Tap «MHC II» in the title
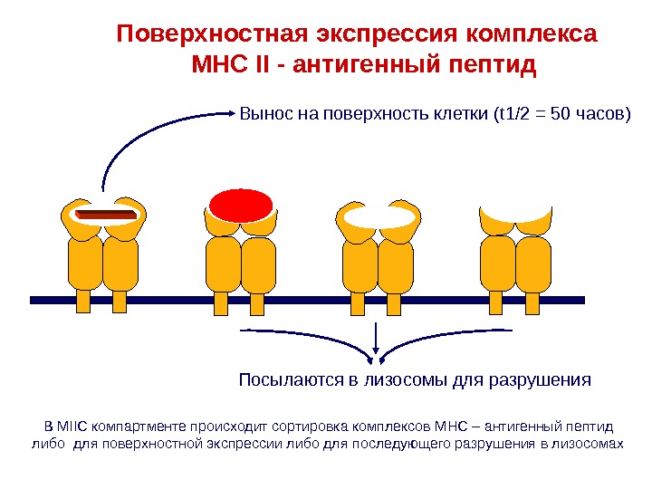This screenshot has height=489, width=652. (235, 66)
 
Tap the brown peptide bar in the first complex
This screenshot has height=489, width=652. (105, 215)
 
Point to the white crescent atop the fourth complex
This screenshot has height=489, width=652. (515, 220)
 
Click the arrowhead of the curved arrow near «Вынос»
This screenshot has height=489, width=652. (234, 115)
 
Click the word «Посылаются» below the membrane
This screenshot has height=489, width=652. (289, 379)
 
